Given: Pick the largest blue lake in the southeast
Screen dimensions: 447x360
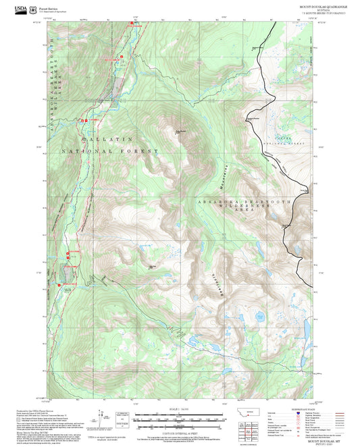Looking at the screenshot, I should (259, 314).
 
